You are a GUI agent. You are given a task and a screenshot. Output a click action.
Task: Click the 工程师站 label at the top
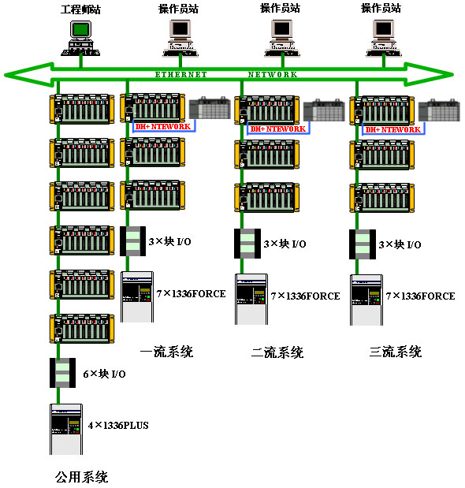(80, 9)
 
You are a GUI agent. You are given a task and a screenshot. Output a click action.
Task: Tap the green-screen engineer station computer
(80, 38)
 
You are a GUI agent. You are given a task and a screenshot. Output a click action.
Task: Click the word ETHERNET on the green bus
(180, 75)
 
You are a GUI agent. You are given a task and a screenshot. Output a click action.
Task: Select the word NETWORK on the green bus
(273, 75)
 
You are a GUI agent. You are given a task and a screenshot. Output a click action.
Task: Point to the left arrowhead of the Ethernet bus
(28, 75)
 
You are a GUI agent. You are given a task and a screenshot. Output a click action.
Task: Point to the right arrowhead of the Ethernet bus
(430, 75)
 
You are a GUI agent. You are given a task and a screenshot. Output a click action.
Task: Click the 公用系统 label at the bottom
(81, 477)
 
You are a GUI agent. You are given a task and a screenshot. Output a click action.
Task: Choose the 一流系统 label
(167, 352)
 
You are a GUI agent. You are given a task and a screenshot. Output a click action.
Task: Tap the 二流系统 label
(277, 352)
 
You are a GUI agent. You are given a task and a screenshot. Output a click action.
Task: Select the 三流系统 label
(396, 352)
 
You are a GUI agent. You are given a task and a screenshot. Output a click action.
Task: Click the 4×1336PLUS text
(118, 425)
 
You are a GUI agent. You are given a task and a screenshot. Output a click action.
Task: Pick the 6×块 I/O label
(104, 374)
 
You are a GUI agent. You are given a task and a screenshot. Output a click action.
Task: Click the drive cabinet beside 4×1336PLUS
(66, 429)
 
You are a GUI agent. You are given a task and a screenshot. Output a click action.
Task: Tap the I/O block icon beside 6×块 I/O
(62, 373)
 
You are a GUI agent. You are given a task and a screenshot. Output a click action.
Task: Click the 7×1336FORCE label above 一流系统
(191, 293)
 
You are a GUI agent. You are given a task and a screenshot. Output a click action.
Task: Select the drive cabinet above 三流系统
(366, 300)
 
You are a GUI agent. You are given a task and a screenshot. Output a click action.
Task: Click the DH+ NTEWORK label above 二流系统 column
(278, 129)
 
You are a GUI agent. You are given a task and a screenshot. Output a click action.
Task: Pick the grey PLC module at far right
(439, 110)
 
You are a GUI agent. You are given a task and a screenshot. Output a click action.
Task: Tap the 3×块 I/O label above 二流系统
(285, 244)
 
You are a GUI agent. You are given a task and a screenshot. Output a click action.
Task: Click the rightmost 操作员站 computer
(384, 39)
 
